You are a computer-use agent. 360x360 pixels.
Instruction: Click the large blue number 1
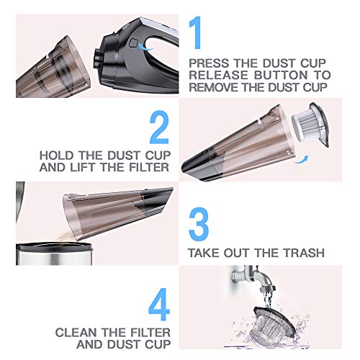click(x=196, y=32)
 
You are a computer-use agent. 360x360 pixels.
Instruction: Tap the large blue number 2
click(x=159, y=127)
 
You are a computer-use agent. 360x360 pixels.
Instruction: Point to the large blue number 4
click(x=159, y=305)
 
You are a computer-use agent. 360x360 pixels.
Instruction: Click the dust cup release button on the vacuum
click(x=133, y=43)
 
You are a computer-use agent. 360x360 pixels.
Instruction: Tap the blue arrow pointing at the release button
click(x=146, y=48)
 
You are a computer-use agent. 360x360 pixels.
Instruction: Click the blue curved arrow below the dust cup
click(x=301, y=161)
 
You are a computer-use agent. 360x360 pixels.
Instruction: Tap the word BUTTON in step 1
click(x=281, y=75)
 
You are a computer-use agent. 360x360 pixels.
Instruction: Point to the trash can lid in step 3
click(x=54, y=246)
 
